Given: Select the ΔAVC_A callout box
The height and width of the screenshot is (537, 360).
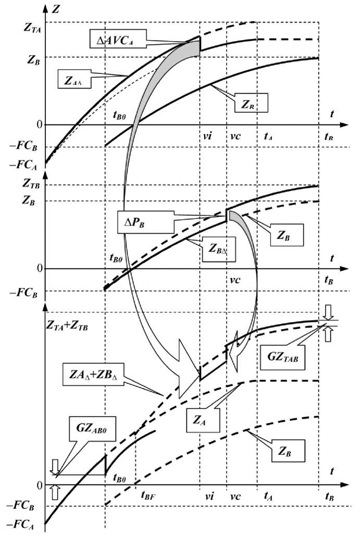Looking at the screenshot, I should pos(119,38).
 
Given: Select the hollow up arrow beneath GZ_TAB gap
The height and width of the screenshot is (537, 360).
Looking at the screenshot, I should pos(327,333).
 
